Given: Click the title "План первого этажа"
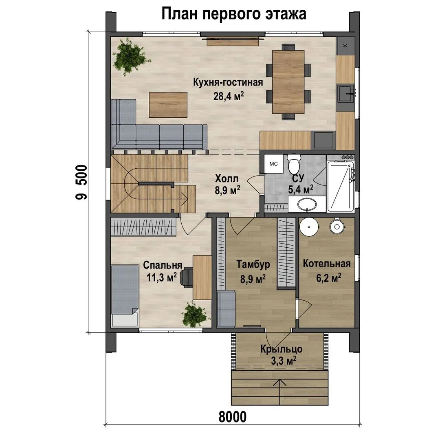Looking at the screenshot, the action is (234, 14).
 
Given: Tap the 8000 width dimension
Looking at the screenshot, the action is (233, 417).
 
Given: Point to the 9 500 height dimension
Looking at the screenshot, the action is (81, 182).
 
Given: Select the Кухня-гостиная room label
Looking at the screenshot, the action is (228, 82).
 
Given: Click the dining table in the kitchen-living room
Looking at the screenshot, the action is (288, 82).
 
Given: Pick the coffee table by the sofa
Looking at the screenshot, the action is (168, 105).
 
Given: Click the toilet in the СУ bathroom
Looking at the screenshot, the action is (294, 164).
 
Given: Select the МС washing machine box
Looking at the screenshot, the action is (273, 164).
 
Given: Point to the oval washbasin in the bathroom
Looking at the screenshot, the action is (307, 205).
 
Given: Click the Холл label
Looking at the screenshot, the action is (227, 178).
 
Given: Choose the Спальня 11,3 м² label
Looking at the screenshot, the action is (162, 271).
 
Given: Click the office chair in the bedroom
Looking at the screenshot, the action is (186, 277).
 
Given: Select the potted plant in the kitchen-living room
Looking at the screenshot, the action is (130, 57).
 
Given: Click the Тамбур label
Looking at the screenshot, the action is (253, 264).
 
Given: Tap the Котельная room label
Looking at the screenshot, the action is (327, 264).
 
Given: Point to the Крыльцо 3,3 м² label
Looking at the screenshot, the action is (282, 355).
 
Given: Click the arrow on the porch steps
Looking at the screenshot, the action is (280, 392).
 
